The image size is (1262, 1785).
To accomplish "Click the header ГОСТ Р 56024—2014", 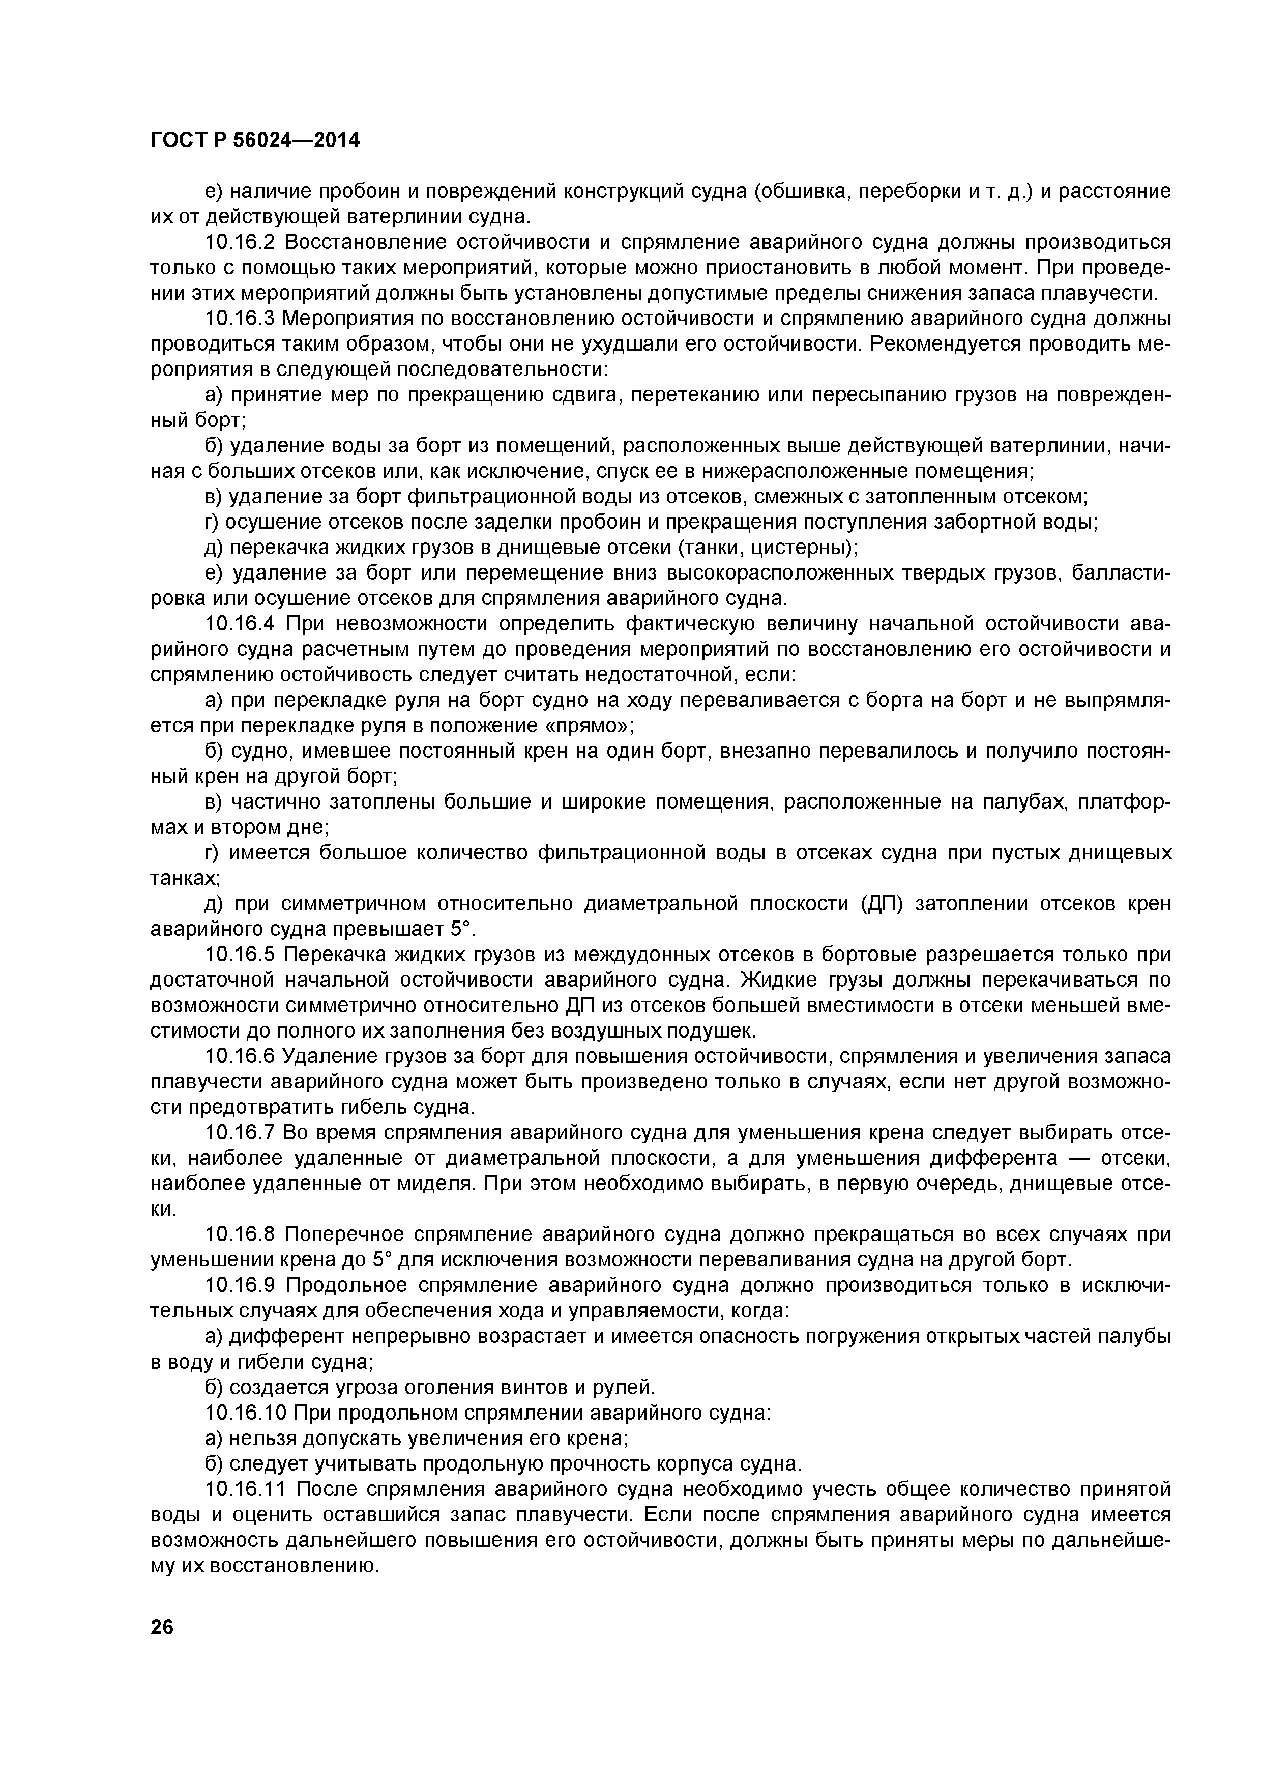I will (255, 141).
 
